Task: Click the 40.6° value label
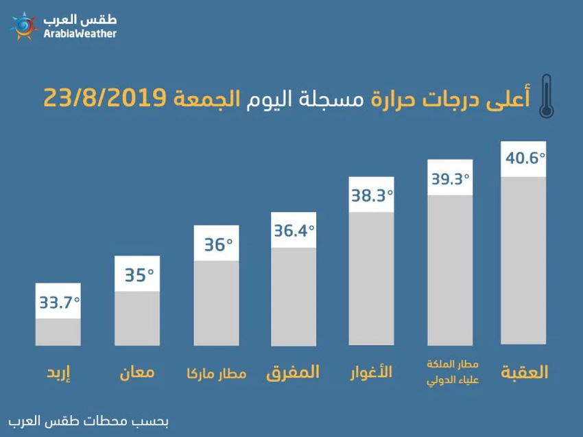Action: (525, 158)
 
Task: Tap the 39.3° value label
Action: (451, 178)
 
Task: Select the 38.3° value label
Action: (372, 196)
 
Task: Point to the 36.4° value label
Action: (294, 231)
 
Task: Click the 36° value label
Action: (217, 244)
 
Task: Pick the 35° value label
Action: (137, 274)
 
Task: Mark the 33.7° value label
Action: (59, 302)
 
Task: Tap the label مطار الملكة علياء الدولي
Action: (451, 371)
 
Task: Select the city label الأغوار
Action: (371, 373)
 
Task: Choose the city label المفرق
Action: (293, 373)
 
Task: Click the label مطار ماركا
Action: (216, 374)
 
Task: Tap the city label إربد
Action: (58, 374)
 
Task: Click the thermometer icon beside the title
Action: (545, 97)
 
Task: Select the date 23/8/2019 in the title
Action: (104, 97)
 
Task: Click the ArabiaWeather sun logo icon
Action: (24, 26)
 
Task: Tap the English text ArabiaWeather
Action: (80, 34)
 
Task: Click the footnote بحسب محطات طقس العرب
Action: (88, 421)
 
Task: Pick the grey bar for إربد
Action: (58, 331)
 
